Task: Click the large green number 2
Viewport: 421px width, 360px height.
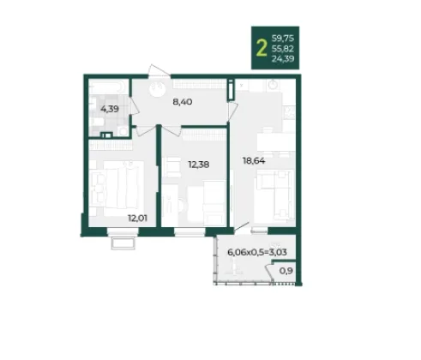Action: pos(262,48)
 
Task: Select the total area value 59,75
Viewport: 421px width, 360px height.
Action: pos(283,39)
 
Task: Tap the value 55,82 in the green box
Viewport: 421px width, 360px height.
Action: pos(283,49)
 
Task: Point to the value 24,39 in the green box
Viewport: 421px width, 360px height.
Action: pos(283,59)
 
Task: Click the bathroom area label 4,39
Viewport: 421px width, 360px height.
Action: pos(110,109)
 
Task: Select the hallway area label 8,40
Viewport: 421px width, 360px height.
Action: pos(183,102)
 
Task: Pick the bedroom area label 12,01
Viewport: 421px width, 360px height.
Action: pos(137,219)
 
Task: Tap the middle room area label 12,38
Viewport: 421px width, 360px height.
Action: pos(199,165)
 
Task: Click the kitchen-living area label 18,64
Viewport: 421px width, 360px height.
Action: pos(254,161)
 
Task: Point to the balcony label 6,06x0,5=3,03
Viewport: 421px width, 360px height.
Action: pos(257,252)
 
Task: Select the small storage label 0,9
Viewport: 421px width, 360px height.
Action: pos(286,271)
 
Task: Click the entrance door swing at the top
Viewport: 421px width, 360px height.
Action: pos(159,71)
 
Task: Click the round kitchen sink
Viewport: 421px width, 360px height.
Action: pos(274,84)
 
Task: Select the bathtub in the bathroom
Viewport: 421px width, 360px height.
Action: pos(107,87)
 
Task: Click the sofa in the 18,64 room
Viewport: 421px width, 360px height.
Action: pos(274,195)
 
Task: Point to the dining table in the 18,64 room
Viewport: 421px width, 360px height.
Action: pos(276,142)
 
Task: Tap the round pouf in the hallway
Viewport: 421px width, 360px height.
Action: pos(158,89)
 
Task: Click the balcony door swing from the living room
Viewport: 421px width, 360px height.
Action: pos(242,226)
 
